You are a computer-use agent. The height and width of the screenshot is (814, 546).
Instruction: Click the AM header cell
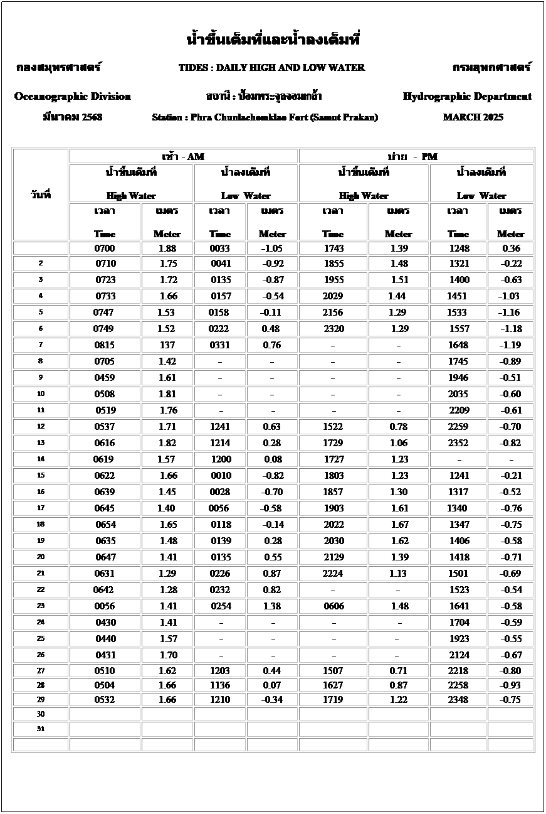tap(183, 156)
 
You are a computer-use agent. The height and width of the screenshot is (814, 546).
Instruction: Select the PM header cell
tap(416, 156)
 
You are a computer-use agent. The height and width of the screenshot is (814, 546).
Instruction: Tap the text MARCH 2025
tap(473, 117)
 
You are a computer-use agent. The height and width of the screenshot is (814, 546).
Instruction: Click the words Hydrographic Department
tap(467, 97)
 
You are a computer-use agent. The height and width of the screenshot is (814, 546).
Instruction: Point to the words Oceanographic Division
tap(73, 97)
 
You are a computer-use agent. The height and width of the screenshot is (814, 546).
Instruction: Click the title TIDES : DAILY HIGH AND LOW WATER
tap(271, 68)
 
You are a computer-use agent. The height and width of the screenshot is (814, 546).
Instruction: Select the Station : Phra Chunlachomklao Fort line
tap(265, 117)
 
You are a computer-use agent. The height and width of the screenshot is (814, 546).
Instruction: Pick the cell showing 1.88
tap(167, 249)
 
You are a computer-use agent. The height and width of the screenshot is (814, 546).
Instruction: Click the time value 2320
tap(333, 328)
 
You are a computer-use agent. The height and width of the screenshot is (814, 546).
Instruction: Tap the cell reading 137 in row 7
tap(167, 345)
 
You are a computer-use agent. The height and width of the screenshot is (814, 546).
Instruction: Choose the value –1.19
tap(510, 345)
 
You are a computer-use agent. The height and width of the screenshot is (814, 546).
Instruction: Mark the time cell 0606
tap(333, 606)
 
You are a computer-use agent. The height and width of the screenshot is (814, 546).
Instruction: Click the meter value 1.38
tap(272, 606)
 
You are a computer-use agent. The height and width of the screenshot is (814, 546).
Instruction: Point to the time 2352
tap(459, 442)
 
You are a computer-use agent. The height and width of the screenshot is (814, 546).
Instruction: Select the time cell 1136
tap(220, 685)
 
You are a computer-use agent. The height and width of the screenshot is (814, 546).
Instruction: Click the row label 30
tap(41, 714)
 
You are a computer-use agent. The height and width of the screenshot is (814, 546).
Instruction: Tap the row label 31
tap(41, 729)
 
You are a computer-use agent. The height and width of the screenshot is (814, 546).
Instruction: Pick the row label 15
tap(41, 475)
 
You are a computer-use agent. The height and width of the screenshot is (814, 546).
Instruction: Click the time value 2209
tap(459, 410)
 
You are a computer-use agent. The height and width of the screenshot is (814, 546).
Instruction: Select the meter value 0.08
tap(272, 459)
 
